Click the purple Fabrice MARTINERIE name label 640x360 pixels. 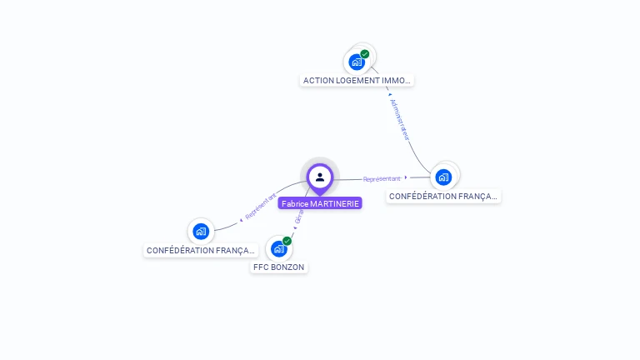point(320,203)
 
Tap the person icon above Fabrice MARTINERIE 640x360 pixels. point(320,177)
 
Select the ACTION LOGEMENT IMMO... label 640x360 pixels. point(357,80)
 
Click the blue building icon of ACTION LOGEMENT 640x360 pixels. point(357,62)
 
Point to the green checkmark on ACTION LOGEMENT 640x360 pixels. point(365,54)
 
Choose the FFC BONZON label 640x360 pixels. point(279,267)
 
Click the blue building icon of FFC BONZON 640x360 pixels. point(278,248)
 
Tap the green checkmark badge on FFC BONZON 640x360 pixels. point(287,241)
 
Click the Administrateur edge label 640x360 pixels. point(399,119)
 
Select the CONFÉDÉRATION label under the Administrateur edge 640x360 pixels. point(443,197)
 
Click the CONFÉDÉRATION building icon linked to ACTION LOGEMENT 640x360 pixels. point(443,177)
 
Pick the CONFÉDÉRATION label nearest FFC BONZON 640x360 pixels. point(200,250)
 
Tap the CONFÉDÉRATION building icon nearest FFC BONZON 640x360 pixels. point(200,231)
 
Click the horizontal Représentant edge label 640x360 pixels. point(382,178)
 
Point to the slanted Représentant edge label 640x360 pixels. point(261,207)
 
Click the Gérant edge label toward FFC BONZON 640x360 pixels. point(299,215)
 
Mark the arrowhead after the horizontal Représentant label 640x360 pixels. point(406,177)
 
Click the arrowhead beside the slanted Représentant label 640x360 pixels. point(241,219)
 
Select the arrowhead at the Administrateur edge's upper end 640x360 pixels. point(389,94)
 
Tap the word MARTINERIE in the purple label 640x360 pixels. point(335,203)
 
